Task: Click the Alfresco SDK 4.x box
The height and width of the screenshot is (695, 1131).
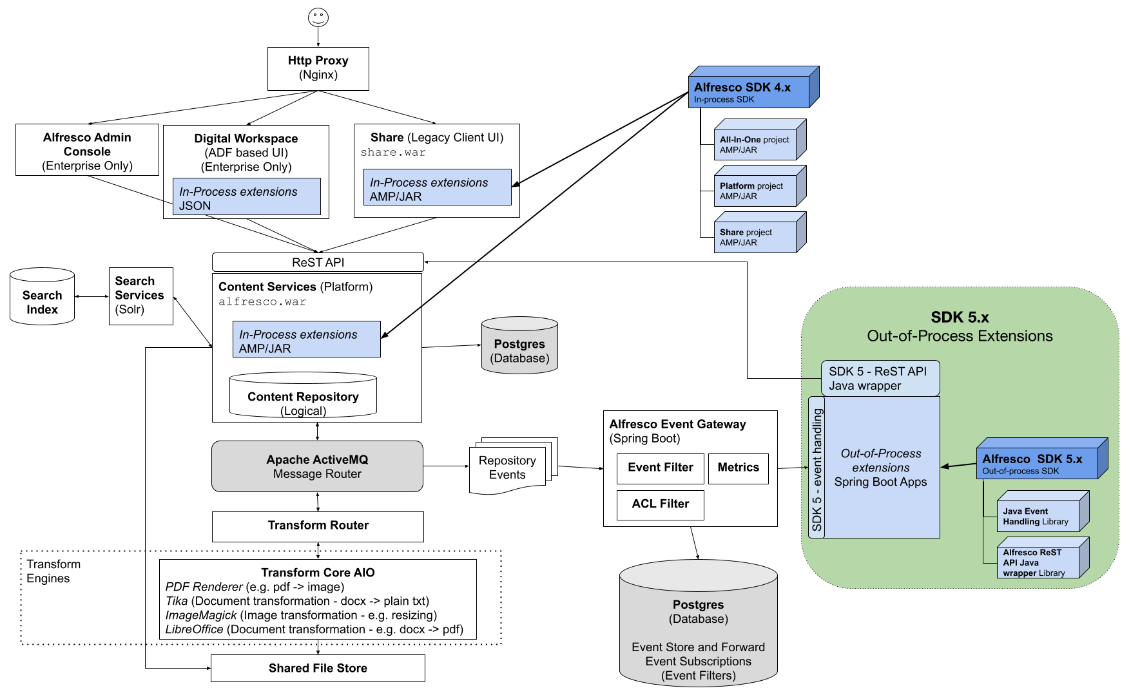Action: pyautogui.click(x=749, y=92)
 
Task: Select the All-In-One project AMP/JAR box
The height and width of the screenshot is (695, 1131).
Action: pyautogui.click(x=755, y=144)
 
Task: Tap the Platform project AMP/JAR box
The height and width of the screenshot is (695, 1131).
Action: pyautogui.click(x=755, y=191)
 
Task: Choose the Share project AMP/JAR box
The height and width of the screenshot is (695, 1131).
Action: pyautogui.click(x=755, y=237)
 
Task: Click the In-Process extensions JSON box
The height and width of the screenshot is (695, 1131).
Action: pyautogui.click(x=246, y=196)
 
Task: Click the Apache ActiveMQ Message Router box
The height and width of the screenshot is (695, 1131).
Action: pyautogui.click(x=317, y=466)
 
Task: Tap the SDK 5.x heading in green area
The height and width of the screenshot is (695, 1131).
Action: pyautogui.click(x=960, y=317)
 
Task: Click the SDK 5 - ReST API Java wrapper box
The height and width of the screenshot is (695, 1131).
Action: pyautogui.click(x=880, y=378)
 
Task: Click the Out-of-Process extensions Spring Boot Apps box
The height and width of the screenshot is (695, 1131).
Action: pyautogui.click(x=881, y=468)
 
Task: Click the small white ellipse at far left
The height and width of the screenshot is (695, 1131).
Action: pyautogui.click(x=42, y=275)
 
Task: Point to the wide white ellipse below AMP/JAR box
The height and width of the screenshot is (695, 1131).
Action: pyautogui.click(x=303, y=378)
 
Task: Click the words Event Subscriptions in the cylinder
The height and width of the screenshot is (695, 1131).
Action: pyautogui.click(x=699, y=662)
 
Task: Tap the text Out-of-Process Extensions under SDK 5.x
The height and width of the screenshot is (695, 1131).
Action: pyautogui.click(x=960, y=336)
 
